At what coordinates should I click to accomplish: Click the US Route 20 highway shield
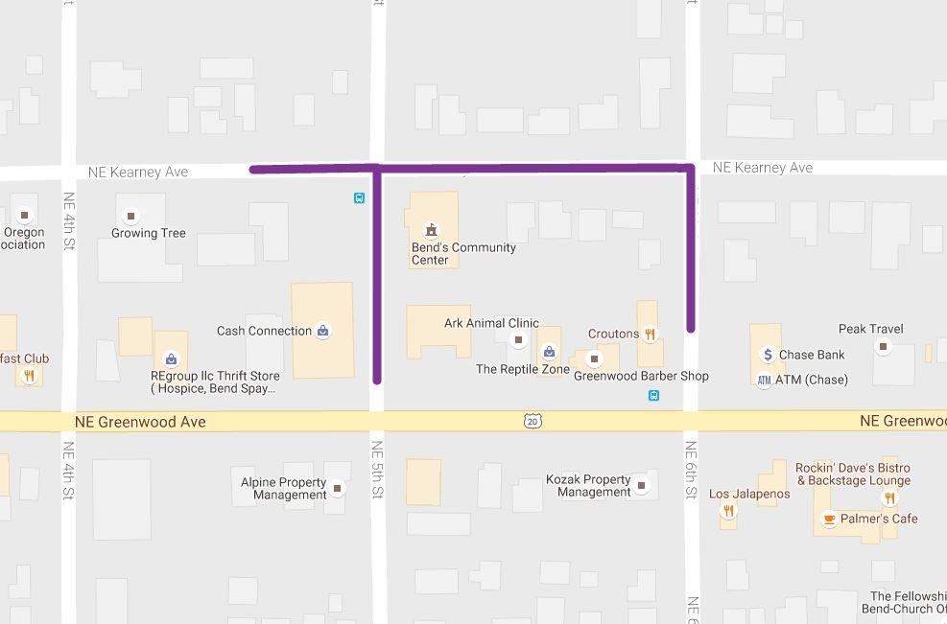coord(533,421)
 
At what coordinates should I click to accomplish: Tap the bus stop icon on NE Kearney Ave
coord(359,198)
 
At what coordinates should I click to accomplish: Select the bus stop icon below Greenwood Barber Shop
coord(653,395)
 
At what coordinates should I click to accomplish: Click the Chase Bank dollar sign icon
coord(768,355)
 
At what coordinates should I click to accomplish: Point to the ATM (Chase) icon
coord(764,380)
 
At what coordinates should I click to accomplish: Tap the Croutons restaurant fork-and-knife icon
coord(650,334)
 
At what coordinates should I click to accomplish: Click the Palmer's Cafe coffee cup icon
coord(829,520)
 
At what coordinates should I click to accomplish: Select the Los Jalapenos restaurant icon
coord(728,510)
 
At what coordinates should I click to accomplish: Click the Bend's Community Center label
coord(463,253)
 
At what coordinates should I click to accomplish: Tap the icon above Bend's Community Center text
coord(431,229)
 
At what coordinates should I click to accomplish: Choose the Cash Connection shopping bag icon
coord(322,331)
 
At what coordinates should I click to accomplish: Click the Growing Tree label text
coord(149,233)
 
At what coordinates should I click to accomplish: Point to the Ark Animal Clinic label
coord(491,323)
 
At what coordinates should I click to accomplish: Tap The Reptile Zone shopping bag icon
coord(549,352)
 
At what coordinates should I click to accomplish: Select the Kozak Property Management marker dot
coord(641,485)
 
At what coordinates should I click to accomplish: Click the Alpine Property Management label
coord(284,488)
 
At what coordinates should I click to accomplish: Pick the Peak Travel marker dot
coord(883,346)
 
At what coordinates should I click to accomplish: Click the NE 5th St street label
coord(377,470)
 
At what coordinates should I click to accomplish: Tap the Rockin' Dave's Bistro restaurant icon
coord(889,497)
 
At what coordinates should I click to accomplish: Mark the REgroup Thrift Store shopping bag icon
coord(171,360)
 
